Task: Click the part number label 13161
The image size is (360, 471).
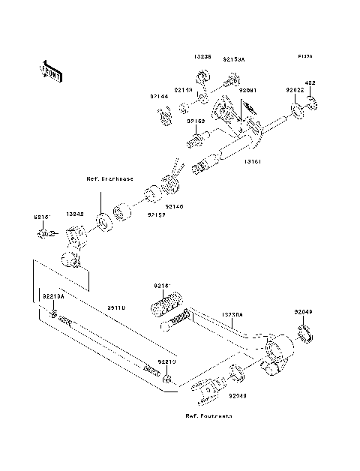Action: pos(252,160)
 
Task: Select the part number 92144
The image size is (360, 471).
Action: pos(158,97)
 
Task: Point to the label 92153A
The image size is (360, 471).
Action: pos(236,56)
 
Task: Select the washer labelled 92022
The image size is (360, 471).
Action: pos(296,112)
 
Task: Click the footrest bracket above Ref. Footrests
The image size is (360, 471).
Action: pos(208,388)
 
